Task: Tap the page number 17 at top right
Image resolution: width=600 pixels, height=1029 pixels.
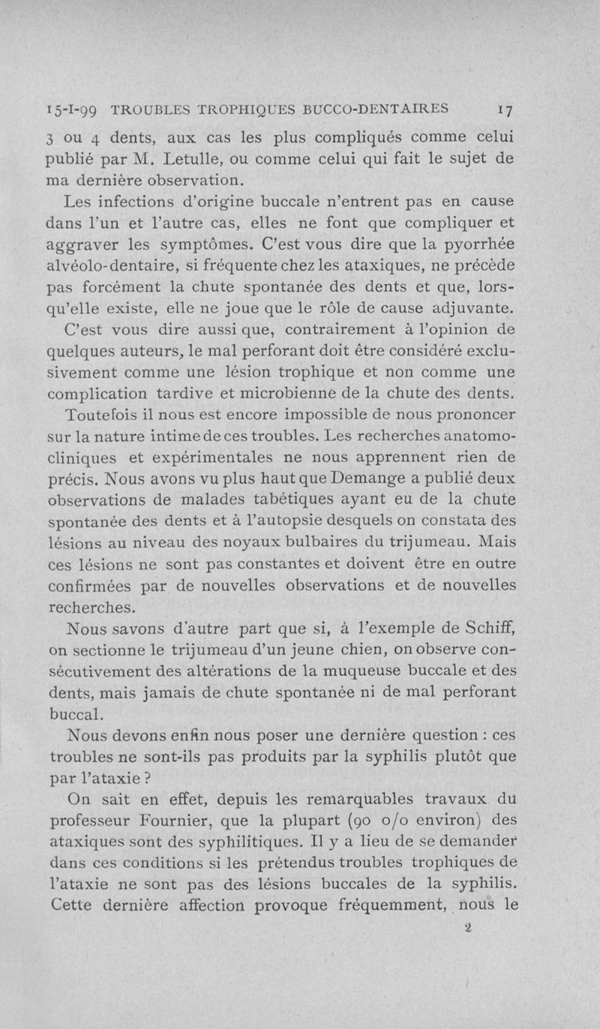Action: pos(505,109)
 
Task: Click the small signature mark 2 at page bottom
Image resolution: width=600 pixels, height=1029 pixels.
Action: pos(466,927)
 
